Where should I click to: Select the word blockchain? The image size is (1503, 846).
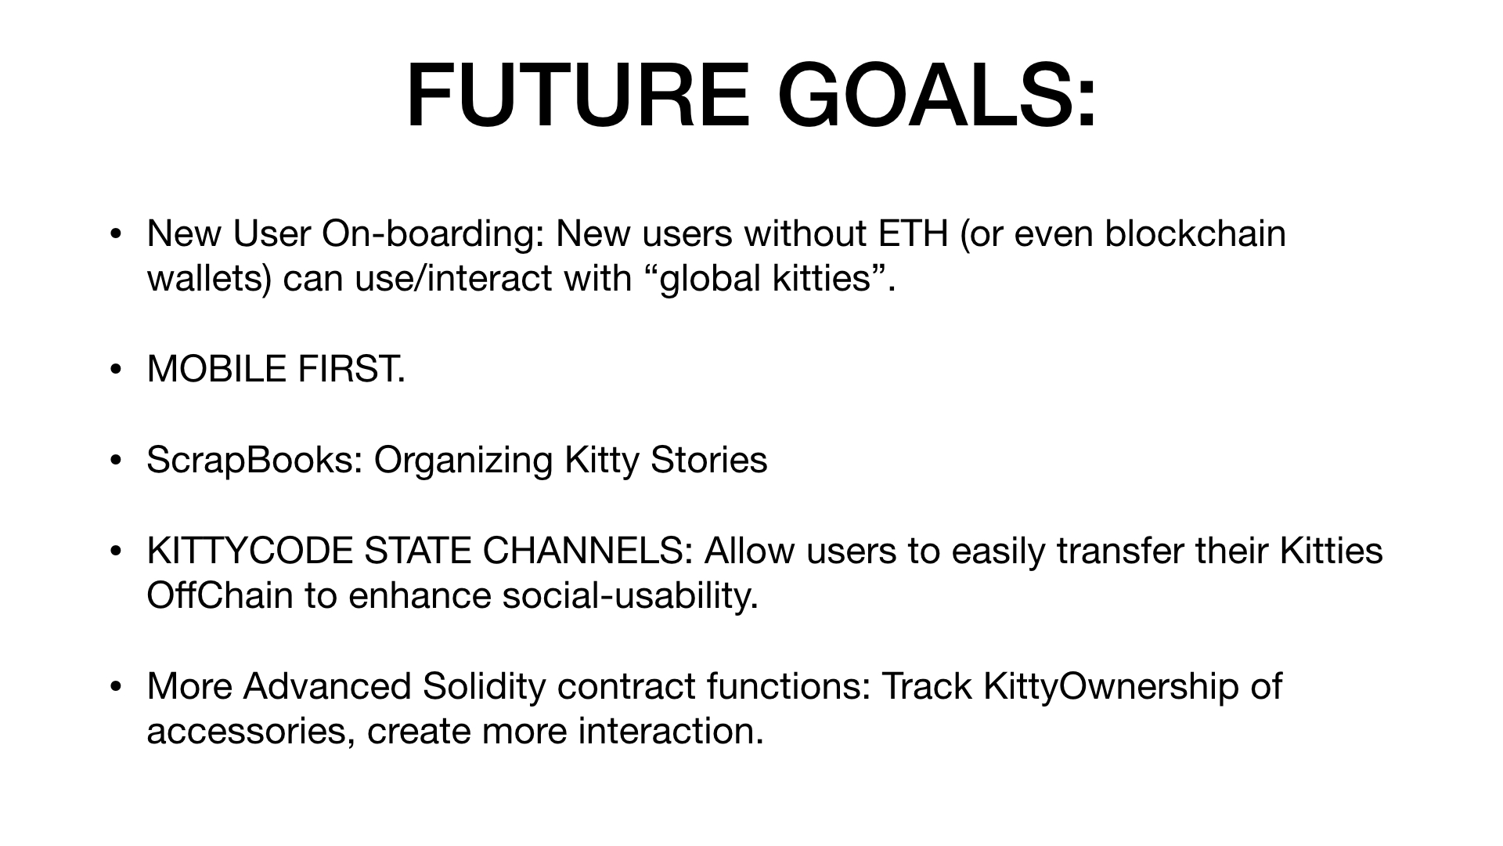(1195, 233)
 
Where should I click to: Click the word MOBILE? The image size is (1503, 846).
(217, 369)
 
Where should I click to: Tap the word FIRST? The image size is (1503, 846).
(351, 369)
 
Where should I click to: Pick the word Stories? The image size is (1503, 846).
(708, 460)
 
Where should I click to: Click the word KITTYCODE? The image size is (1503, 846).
(250, 551)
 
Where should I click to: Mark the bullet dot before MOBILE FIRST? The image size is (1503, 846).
(116, 369)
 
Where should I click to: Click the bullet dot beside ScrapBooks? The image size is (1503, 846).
(116, 460)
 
